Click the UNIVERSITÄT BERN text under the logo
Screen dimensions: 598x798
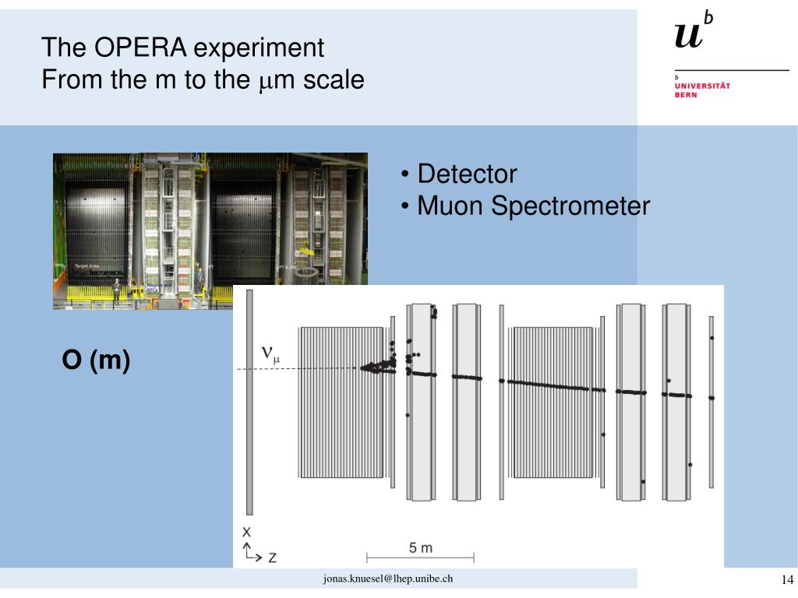[x=701, y=90]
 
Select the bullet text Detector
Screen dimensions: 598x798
[x=467, y=174]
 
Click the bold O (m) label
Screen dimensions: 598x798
[x=97, y=361]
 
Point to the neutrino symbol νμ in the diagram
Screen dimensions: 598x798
[x=270, y=354]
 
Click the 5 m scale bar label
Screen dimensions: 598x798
[x=420, y=547]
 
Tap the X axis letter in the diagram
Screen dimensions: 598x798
[x=246, y=533]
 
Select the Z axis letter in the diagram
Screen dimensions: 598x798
[x=272, y=558]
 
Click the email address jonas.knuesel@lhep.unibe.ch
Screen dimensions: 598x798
[x=388, y=579]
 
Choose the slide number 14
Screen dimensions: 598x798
[x=786, y=579]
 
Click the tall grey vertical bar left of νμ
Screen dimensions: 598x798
[x=249, y=402]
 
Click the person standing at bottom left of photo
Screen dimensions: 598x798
[x=116, y=290]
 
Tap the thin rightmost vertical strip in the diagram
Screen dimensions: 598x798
[x=711, y=402]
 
